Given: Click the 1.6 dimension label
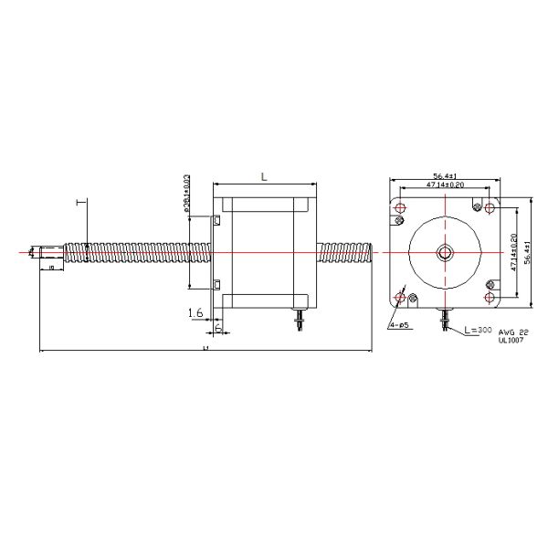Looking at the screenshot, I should [x=195, y=312].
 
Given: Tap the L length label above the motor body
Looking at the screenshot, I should [x=263, y=178].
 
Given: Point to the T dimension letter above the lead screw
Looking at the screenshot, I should [x=81, y=203].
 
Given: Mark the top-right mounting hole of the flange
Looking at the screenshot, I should [x=490, y=209].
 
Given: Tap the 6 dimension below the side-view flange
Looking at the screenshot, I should [x=219, y=327].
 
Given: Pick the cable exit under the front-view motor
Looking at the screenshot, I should [x=445, y=319].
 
